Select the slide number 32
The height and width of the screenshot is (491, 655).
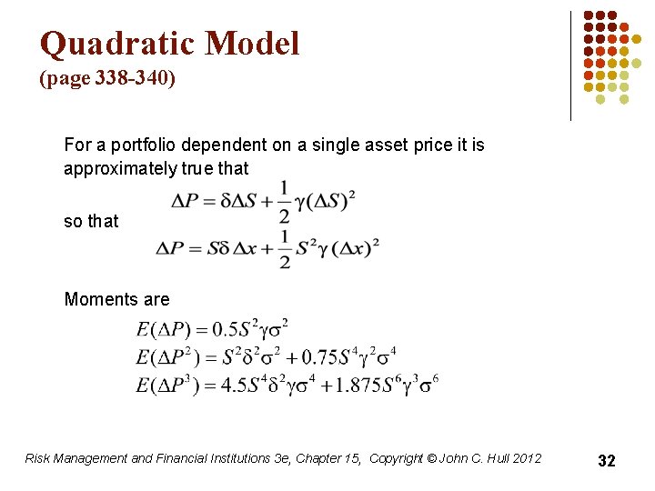click(x=606, y=461)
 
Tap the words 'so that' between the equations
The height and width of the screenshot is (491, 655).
click(x=91, y=221)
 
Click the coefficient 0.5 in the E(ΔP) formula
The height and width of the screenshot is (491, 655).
click(x=227, y=327)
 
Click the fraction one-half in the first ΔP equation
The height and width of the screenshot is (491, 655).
click(x=284, y=202)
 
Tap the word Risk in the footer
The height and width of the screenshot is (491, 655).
click(x=39, y=458)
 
